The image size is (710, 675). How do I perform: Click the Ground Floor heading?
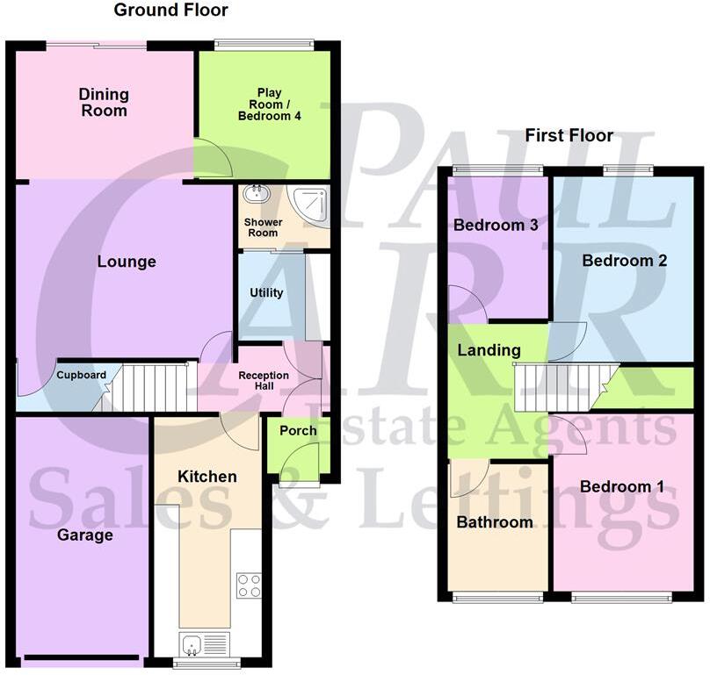171,11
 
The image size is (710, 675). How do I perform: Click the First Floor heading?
569,135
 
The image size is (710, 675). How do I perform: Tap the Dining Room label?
104,102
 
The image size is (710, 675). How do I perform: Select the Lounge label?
127,262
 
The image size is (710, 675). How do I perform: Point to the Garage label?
85,535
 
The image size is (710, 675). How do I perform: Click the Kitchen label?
207,477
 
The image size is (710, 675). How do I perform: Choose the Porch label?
298,431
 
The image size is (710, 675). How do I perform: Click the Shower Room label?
262,227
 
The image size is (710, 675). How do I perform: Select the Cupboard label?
82,376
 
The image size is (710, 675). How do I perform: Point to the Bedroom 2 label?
625,261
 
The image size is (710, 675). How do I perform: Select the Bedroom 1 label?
621,487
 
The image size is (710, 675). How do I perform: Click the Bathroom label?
495,522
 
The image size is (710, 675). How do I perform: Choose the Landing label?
489,350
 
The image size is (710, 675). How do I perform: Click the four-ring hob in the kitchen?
249,585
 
